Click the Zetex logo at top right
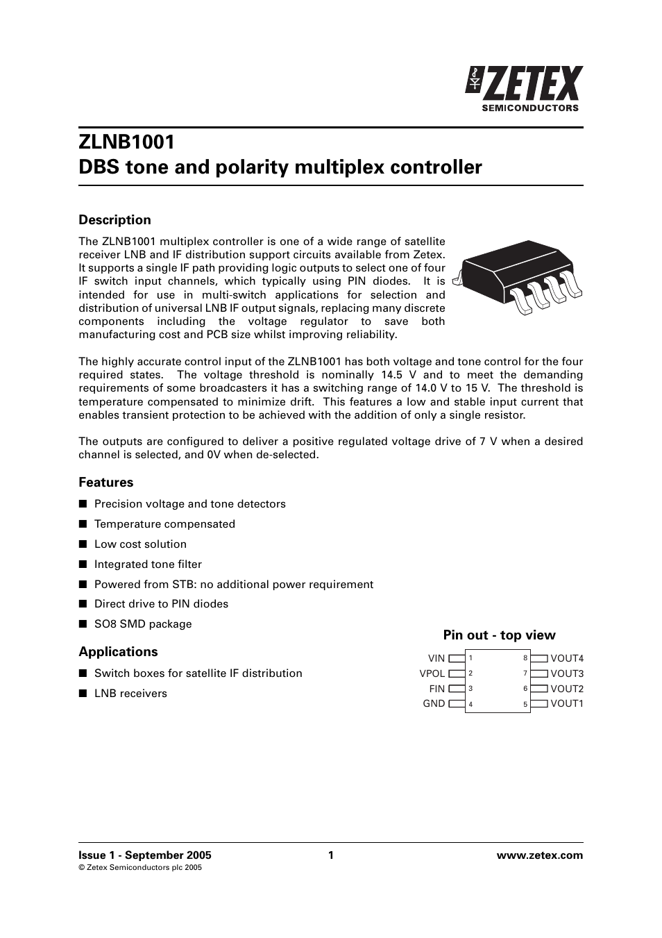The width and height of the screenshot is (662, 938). [x=525, y=88]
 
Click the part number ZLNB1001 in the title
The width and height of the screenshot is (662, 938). [x=126, y=142]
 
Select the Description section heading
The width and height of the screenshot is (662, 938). [x=114, y=220]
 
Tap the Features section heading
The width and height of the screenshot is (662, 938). [x=105, y=483]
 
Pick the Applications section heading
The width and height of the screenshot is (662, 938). [x=118, y=652]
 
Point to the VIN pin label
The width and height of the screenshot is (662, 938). [x=436, y=658]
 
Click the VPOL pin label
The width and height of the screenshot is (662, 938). [x=432, y=673]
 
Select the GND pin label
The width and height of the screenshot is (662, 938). [x=434, y=703]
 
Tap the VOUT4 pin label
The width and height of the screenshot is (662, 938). [x=567, y=658]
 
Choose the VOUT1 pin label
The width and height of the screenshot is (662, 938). [x=567, y=703]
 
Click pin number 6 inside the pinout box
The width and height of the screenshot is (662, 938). [x=525, y=689]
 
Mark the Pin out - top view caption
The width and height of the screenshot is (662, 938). [x=499, y=635]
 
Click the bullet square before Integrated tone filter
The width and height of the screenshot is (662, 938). [x=82, y=564]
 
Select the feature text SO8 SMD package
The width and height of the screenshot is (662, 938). [x=143, y=624]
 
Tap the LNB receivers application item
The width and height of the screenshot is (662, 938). [x=130, y=694]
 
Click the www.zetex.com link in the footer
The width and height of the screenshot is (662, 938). [x=540, y=855]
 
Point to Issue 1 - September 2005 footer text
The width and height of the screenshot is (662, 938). [x=145, y=855]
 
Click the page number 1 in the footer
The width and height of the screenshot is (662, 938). [x=331, y=855]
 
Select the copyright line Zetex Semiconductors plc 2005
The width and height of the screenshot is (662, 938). [x=140, y=868]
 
